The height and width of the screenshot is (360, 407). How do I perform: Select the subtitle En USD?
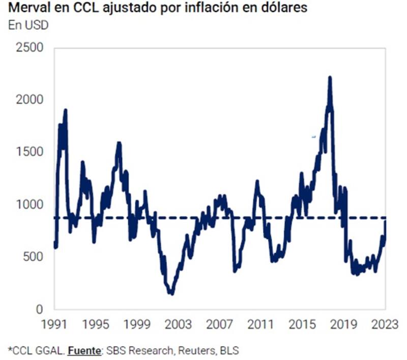(x=28, y=25)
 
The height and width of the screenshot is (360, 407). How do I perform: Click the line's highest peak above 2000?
(x=330, y=78)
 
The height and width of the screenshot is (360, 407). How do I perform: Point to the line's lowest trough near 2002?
(x=171, y=293)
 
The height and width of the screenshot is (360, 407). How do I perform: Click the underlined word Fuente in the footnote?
(x=83, y=351)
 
